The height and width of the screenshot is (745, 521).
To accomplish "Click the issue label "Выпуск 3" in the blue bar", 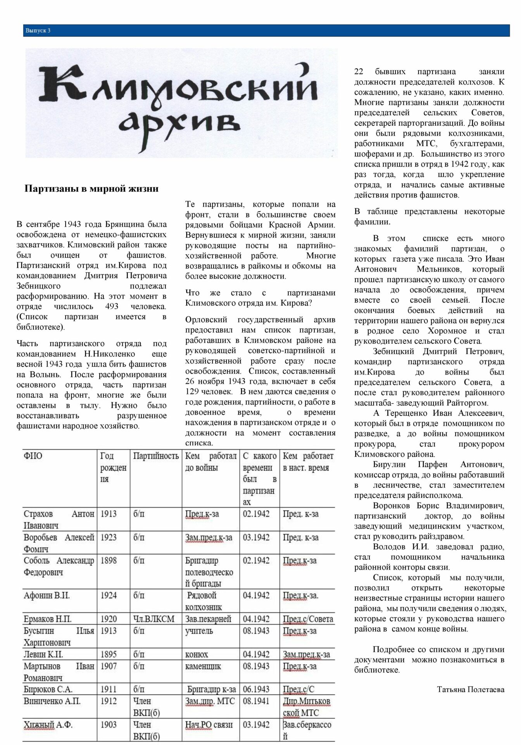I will click(x=38, y=31).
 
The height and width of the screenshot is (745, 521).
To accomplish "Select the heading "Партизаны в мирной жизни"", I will click(x=91, y=189).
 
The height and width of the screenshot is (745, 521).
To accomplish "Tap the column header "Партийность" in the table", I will click(x=156, y=456).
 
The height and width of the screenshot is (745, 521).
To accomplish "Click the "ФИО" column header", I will click(x=33, y=456).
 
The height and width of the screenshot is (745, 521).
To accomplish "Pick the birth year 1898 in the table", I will click(x=109, y=561).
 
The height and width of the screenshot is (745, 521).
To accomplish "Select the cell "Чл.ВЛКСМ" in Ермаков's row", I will click(x=154, y=619).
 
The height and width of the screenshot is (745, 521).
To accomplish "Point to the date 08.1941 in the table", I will click(x=256, y=701).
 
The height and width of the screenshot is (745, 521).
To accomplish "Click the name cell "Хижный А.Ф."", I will click(x=48, y=724).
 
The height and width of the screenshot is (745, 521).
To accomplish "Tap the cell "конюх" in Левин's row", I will click(x=197, y=654).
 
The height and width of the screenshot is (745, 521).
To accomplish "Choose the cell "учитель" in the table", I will click(x=199, y=631).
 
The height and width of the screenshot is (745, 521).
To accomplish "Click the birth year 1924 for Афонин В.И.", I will click(x=109, y=596).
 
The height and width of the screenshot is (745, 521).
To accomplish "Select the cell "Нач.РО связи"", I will click(x=209, y=724).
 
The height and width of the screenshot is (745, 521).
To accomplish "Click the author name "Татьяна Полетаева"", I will click(x=470, y=689).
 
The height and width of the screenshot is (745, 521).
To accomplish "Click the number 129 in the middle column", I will click(x=192, y=392).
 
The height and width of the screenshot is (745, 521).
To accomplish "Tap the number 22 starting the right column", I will click(x=359, y=72).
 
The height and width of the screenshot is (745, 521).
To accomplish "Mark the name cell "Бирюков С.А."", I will click(x=48, y=689).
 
